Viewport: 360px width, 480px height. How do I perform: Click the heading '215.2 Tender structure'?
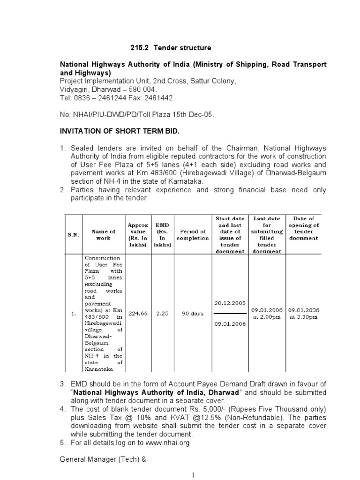[x=170, y=48]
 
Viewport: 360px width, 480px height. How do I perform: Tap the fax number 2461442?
[x=157, y=98]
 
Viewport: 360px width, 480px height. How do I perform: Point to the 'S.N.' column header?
[x=72, y=235]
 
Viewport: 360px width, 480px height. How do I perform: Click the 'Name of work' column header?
[x=103, y=235]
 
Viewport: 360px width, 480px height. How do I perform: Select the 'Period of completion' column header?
[x=192, y=235]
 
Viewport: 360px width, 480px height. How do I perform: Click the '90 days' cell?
[x=192, y=314]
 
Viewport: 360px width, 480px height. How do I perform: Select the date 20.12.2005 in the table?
[x=231, y=303]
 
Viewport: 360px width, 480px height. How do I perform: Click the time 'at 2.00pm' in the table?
[x=267, y=317]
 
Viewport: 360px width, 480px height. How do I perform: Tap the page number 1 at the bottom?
[x=193, y=475]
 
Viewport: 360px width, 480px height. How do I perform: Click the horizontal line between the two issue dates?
[x=231, y=313]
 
